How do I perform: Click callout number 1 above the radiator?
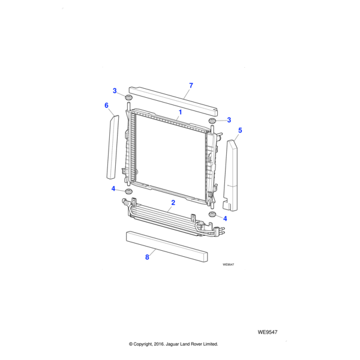[x=179, y=112]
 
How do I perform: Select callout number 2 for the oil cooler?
[x=173, y=203]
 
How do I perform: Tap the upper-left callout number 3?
[x=114, y=91]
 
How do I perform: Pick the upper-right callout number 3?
[x=229, y=120]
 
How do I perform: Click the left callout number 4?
[x=113, y=189]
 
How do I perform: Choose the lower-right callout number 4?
[x=225, y=218]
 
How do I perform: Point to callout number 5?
[x=240, y=130]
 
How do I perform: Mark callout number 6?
[x=106, y=106]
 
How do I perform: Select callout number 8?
[x=146, y=257]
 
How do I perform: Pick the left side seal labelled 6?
[x=112, y=147]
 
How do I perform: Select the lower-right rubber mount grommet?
[x=212, y=215]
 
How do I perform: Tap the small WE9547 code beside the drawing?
[x=227, y=264]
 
